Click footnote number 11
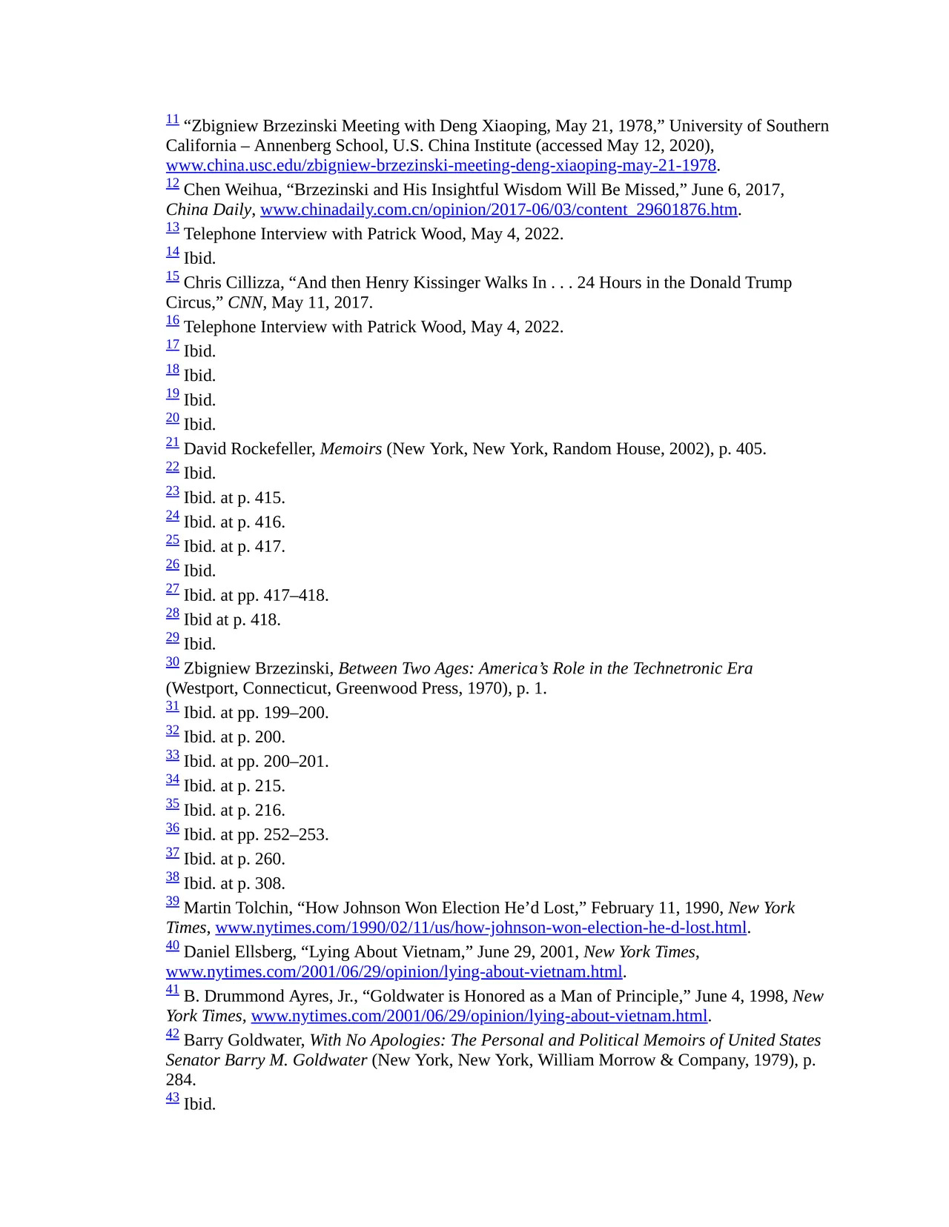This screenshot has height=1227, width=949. pos(172,119)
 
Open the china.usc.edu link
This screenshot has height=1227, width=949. pos(440,165)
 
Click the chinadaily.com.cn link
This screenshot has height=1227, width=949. pos(498,210)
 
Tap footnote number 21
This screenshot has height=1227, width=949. pos(172,442)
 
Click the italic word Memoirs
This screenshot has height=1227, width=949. pos(351,449)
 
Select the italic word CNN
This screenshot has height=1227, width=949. pos(245,302)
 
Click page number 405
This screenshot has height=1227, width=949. pos(750,449)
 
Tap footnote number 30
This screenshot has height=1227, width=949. pos(172,662)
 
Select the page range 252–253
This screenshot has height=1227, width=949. pos(295,835)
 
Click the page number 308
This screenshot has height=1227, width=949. pos(269,884)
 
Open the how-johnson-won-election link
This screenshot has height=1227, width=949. pos(480,928)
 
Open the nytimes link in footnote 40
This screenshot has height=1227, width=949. pos(394,971)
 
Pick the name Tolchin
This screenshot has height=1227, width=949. pos(263,908)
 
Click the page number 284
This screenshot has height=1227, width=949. pos(180,1080)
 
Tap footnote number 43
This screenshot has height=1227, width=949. pos(172,1097)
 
